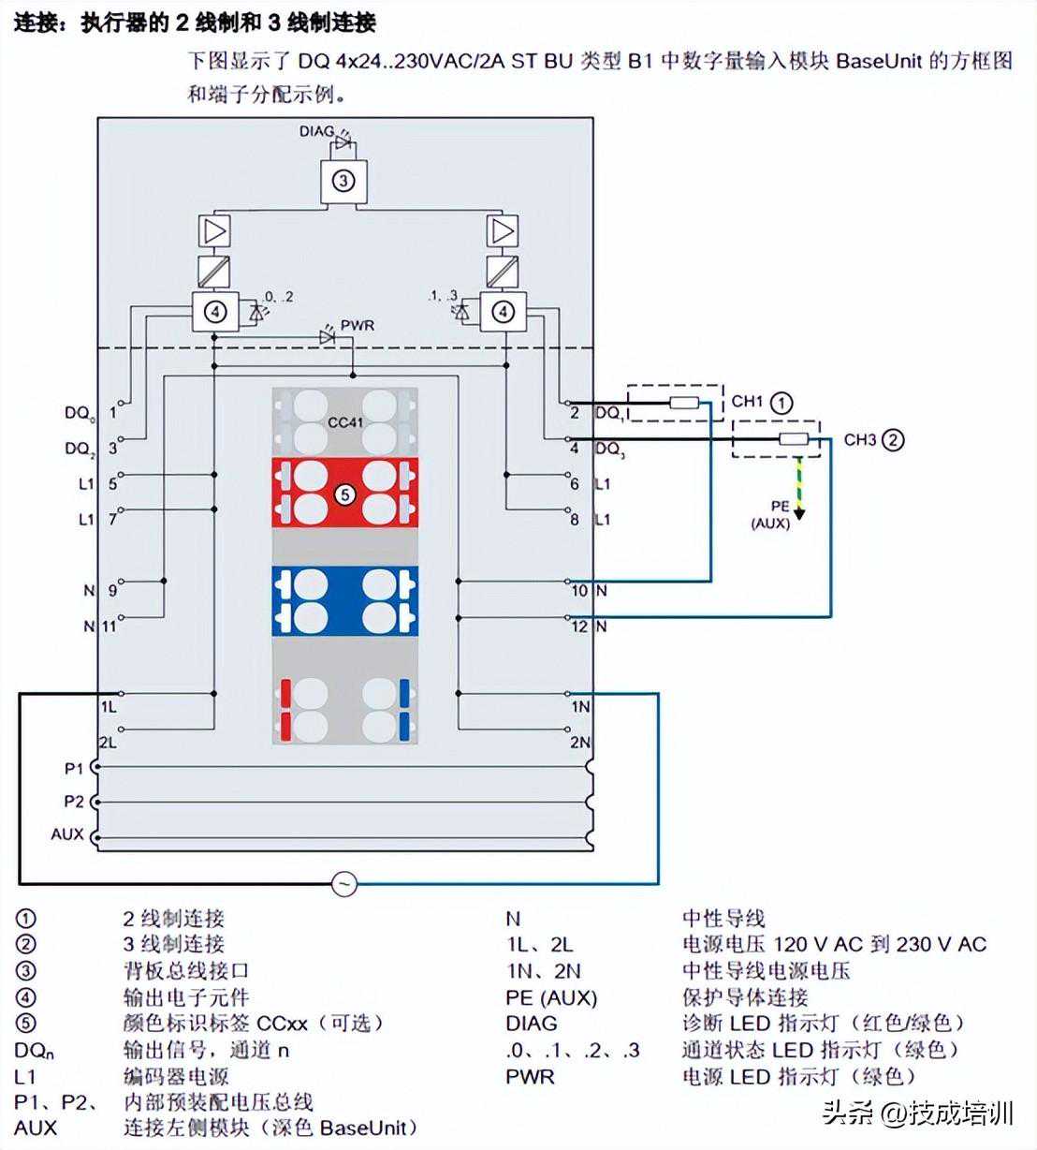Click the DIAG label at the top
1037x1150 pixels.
click(x=315, y=131)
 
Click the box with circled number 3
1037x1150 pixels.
click(x=343, y=180)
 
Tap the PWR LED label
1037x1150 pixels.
click(x=357, y=325)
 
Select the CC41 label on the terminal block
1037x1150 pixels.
click(x=345, y=422)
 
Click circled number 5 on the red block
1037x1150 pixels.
click(x=345, y=493)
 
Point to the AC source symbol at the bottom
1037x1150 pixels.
click(x=344, y=883)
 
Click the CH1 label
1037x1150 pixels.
click(x=747, y=402)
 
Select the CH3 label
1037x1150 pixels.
click(x=859, y=439)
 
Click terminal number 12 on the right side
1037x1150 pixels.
click(x=579, y=626)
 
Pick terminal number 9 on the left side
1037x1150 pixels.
click(x=112, y=591)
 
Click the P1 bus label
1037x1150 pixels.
click(x=74, y=768)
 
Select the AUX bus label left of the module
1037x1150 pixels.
click(x=67, y=833)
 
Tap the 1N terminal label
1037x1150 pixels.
click(x=580, y=706)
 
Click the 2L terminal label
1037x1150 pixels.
click(x=109, y=742)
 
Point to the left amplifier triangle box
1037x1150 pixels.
click(x=214, y=230)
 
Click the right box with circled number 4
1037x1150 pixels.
click(x=504, y=311)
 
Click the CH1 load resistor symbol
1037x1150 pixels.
click(x=684, y=403)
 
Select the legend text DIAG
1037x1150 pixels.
click(x=531, y=1024)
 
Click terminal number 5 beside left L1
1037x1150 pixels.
click(x=113, y=484)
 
